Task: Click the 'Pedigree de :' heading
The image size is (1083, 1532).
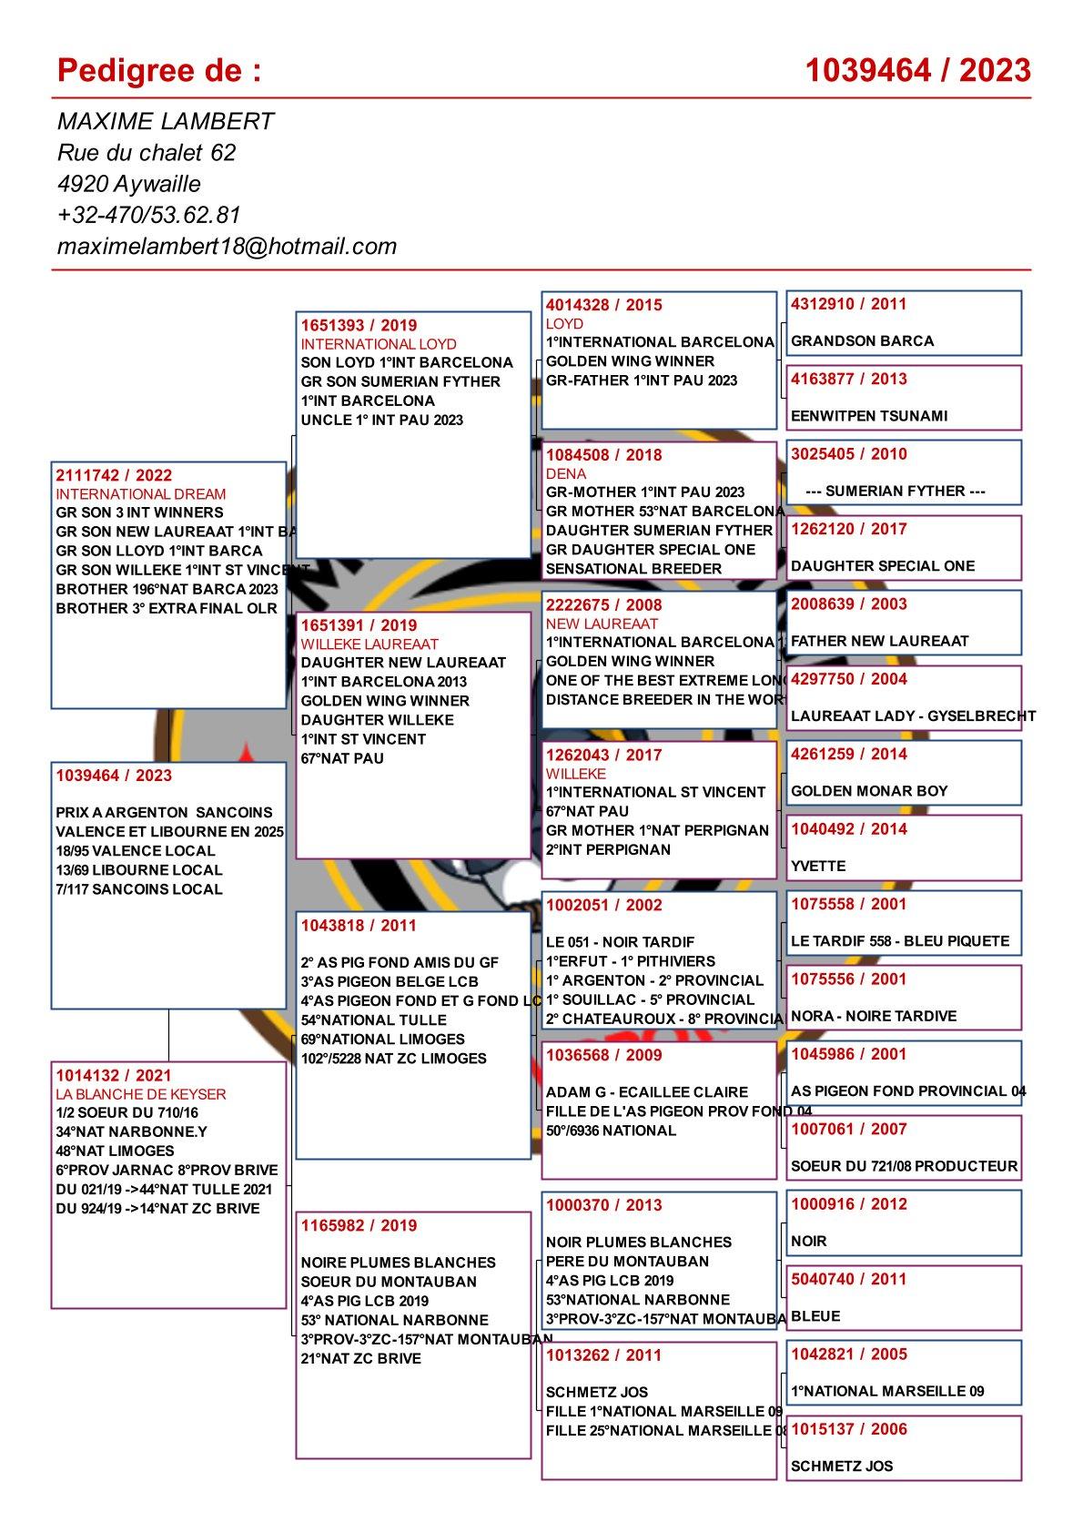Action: tap(158, 70)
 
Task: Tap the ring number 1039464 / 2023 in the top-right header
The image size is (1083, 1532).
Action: tap(918, 70)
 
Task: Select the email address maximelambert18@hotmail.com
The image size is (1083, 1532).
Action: tap(227, 246)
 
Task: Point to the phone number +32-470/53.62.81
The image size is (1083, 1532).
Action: tap(148, 215)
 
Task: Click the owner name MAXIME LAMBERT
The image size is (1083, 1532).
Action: tap(165, 122)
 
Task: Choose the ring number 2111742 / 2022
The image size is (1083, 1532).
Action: tap(114, 475)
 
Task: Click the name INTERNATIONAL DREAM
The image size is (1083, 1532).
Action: tap(127, 494)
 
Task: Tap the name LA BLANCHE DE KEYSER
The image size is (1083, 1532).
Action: tap(141, 1094)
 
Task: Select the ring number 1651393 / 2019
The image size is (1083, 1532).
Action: tap(359, 325)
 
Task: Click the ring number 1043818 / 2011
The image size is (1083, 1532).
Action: tap(359, 925)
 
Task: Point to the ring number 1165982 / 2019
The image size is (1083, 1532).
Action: tap(359, 1225)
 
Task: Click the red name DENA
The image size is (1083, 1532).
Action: tap(566, 473)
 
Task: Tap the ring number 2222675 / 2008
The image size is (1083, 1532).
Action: tap(604, 604)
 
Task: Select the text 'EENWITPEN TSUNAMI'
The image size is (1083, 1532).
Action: tap(869, 416)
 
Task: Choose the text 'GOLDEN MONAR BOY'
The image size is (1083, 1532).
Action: tap(869, 791)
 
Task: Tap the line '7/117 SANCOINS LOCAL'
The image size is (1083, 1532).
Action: tap(139, 888)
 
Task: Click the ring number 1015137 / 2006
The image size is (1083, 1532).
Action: tap(849, 1429)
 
